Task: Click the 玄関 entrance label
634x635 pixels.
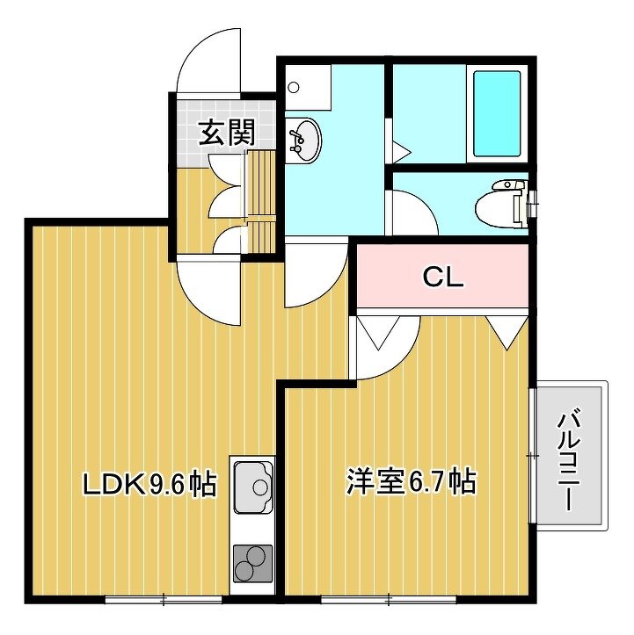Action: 226,132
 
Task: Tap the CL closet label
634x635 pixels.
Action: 442,278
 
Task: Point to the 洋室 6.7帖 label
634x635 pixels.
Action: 411,481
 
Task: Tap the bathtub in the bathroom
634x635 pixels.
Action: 497,114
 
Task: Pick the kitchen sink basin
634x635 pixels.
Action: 252,488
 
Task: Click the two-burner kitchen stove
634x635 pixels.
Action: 252,564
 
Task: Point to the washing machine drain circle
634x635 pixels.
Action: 293,87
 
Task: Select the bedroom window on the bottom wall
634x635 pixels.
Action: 389,599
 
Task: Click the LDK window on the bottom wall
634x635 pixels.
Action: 164,599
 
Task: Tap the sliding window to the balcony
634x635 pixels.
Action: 533,456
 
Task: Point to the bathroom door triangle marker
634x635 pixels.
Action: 401,152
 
